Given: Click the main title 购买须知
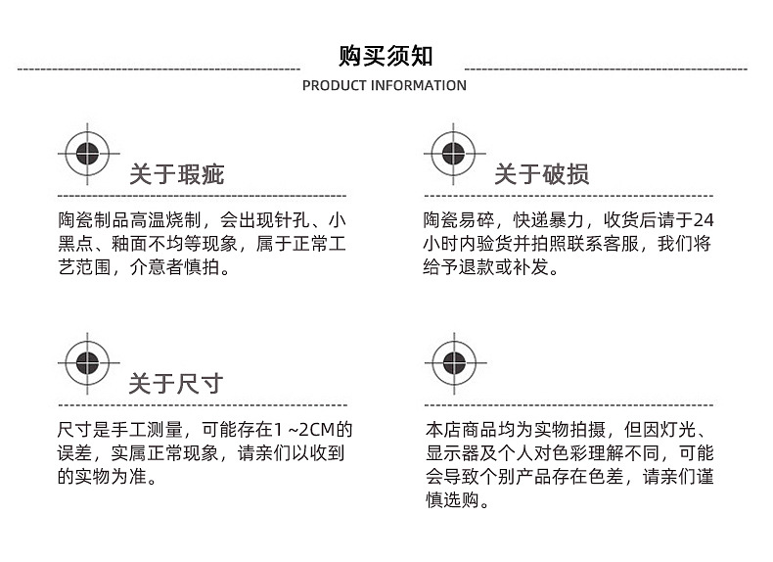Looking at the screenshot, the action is (386, 55).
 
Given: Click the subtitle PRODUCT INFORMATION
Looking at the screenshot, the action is (385, 85).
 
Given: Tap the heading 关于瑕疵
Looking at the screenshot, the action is (177, 174).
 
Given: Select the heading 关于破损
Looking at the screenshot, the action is (541, 174).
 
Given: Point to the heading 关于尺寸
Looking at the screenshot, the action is (177, 383).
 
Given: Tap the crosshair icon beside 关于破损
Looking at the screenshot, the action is (453, 154).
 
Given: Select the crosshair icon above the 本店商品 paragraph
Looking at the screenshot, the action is (453, 362).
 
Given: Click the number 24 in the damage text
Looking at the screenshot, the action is (705, 219).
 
